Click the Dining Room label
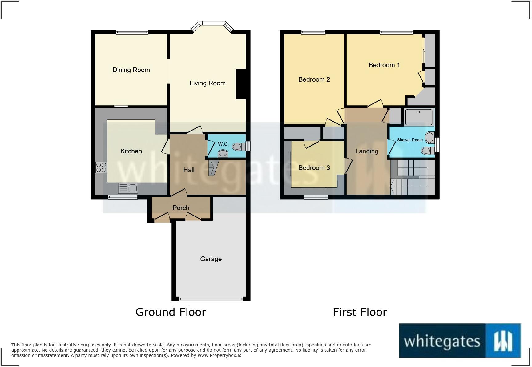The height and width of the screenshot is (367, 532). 131,70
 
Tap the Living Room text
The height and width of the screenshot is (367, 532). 208,83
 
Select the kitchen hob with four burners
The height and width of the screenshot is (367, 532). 101,167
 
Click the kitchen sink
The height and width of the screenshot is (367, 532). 128,188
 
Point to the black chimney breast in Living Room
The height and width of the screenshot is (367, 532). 241,84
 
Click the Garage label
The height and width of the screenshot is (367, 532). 211,259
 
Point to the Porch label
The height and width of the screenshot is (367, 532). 181,208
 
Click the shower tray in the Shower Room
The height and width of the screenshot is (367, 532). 419,117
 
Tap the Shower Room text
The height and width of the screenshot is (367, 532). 409,140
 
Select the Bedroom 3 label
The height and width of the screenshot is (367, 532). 314,168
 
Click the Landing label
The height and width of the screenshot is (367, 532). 366,151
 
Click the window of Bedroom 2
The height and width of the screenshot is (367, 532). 313,32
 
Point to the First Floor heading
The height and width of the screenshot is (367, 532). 360,312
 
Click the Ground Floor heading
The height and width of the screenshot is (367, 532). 171,312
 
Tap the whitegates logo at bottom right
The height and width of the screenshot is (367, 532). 459,341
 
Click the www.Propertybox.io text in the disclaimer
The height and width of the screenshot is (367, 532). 219,355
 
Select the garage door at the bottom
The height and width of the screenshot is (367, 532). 211,299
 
